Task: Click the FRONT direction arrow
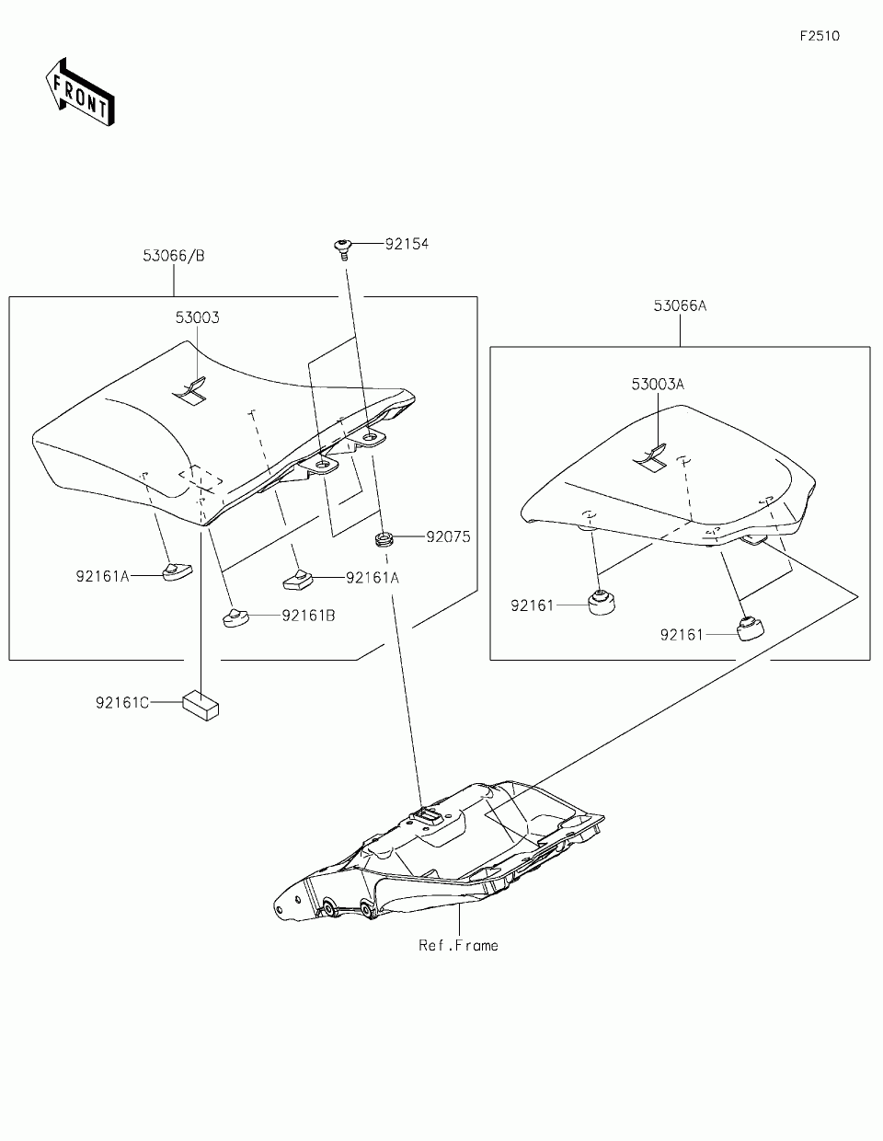tap(81, 90)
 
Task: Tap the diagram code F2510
tap(819, 37)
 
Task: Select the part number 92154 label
tap(407, 245)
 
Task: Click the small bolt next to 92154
tap(343, 247)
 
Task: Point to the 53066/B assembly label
tap(174, 256)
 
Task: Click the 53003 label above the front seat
tap(198, 317)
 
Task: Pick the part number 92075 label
tap(447, 536)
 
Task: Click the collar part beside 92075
tap(384, 536)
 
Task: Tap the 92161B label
tap(308, 615)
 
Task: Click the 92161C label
tap(121, 703)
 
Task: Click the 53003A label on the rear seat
tap(658, 385)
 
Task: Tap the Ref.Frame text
tap(458, 945)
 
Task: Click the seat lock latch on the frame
tap(427, 813)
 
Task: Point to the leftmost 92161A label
tap(103, 577)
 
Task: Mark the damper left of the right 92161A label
tap(296, 579)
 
